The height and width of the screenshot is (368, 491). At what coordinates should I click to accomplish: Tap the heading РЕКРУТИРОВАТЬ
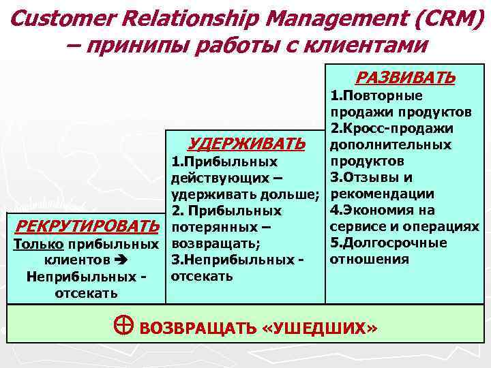(87, 226)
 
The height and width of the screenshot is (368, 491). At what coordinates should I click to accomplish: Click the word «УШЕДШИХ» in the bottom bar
(318, 328)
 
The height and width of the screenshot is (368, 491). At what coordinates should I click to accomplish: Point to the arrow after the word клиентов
(123, 260)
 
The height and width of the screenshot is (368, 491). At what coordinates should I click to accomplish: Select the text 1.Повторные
(376, 96)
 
